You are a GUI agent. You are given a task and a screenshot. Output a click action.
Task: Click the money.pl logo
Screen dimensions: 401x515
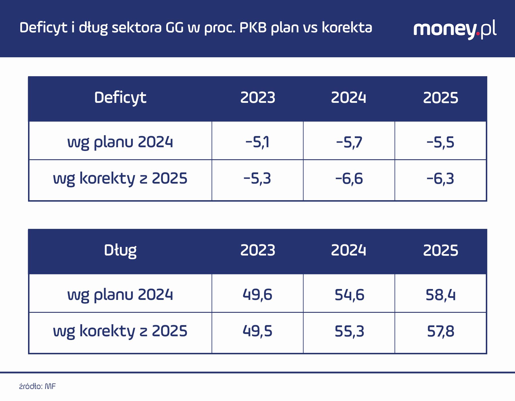pos(455,29)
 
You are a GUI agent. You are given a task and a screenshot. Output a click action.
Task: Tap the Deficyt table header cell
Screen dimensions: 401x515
pos(120,98)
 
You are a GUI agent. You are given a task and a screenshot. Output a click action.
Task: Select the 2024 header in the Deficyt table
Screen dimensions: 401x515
pos(348,98)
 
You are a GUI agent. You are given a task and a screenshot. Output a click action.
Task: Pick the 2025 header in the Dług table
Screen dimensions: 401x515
pos(440,250)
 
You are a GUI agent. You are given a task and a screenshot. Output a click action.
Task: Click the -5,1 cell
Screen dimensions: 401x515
pos(257,142)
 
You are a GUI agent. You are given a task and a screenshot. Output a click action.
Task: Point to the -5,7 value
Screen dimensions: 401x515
pos(349,142)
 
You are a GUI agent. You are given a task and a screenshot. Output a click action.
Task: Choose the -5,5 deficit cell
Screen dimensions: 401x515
pos(440,142)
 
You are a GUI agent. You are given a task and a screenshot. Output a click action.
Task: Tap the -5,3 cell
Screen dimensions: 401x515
pos(257,179)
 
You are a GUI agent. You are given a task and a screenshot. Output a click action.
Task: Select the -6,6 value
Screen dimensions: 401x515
pos(349,179)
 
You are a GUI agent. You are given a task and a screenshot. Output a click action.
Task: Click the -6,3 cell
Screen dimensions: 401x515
pos(440,179)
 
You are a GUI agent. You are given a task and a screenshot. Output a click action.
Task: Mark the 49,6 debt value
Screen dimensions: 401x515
pos(257,295)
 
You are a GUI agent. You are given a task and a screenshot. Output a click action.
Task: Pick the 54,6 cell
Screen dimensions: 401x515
pos(349,295)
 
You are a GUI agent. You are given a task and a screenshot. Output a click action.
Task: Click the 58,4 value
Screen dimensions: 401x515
pos(440,295)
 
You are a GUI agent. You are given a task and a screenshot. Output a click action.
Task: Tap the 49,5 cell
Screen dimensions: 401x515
pos(257,331)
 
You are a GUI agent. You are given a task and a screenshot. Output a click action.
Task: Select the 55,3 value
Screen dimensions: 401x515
pos(349,331)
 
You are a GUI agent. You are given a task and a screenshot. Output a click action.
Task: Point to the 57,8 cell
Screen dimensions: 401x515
pos(440,331)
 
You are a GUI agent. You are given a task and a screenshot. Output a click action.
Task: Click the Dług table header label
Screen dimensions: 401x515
pos(120,250)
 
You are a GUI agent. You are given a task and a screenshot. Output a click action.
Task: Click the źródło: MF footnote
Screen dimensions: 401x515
pos(37,386)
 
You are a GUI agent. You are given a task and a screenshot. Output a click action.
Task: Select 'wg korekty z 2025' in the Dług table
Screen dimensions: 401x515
pos(120,331)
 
